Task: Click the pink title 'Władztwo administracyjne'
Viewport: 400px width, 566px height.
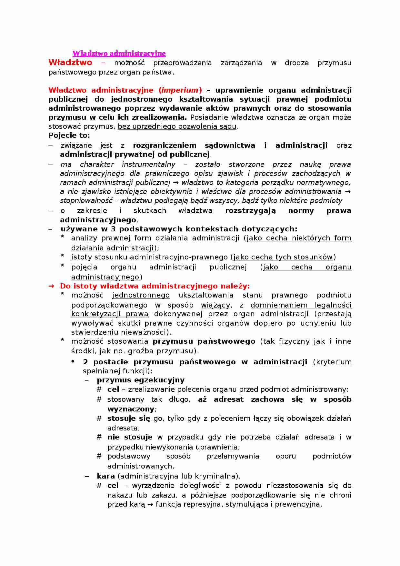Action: click(119, 53)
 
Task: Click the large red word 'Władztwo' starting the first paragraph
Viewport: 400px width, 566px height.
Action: click(70, 63)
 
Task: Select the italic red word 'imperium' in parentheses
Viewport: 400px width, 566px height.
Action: click(180, 90)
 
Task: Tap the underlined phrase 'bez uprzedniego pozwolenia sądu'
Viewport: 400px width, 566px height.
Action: click(177, 126)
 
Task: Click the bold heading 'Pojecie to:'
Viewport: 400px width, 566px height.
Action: click(69, 136)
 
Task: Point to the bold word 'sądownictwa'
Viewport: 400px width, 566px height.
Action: click(230, 146)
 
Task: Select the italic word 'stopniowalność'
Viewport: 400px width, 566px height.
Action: click(86, 201)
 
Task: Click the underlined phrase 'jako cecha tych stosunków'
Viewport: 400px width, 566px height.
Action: click(283, 257)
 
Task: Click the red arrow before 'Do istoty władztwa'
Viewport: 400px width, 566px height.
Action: click(51, 286)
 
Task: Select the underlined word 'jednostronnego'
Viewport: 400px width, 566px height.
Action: click(141, 295)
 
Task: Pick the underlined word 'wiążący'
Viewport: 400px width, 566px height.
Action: click(215, 305)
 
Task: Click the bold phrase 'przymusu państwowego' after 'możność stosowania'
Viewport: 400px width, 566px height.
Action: click(204, 341)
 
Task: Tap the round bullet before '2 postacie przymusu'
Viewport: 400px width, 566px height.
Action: click(73, 361)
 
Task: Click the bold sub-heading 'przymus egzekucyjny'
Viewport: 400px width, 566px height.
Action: click(141, 380)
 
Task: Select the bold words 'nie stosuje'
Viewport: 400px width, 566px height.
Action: click(130, 437)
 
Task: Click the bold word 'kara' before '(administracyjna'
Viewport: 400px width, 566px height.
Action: click(106, 476)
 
